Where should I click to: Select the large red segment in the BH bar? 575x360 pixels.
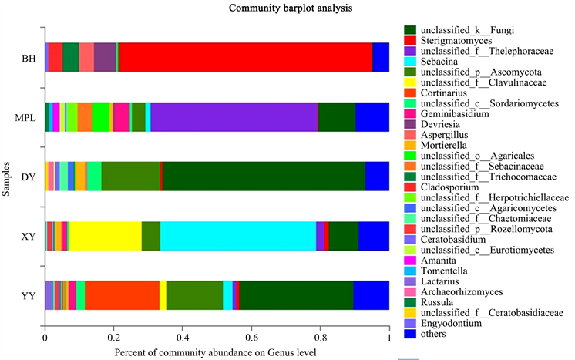point(245,58)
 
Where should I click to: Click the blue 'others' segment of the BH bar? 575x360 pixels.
point(381,58)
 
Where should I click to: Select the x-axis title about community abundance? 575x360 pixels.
point(217,352)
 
